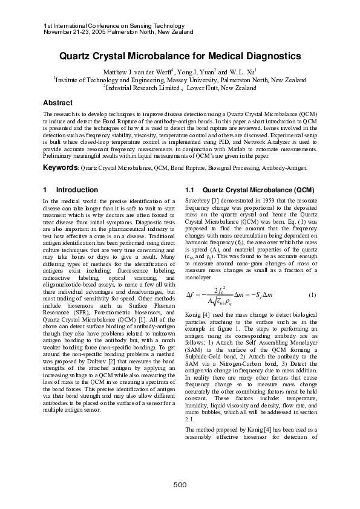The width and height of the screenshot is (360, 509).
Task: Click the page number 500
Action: pos(180,485)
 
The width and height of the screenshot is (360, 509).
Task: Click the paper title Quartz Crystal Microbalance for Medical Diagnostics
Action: pos(180,56)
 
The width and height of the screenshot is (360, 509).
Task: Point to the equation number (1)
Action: pos(312,294)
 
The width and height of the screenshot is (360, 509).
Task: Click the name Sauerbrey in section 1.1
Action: pos(199,200)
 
